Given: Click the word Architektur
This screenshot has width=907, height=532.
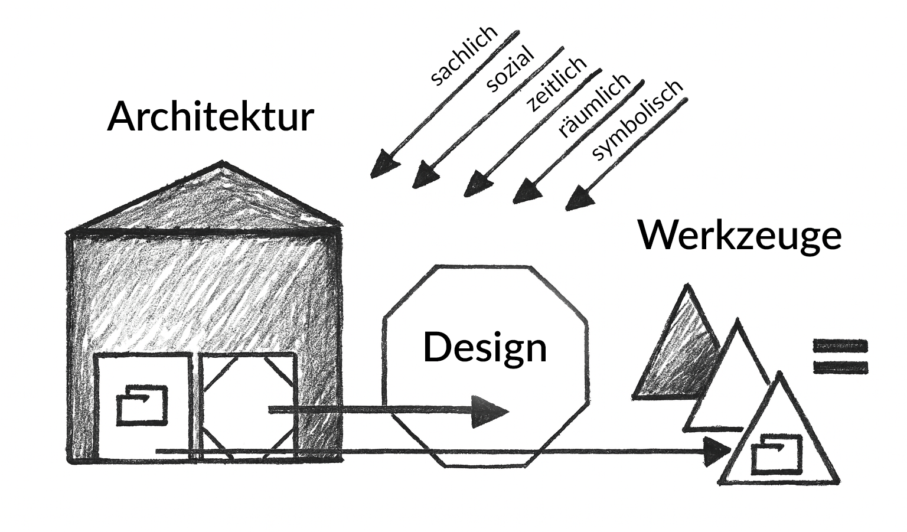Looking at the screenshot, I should tap(210, 117).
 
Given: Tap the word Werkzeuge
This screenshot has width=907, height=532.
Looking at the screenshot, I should tap(739, 236).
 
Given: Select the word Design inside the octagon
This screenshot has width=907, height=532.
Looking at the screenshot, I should tap(485, 348).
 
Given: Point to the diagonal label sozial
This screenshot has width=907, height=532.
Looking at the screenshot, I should tap(510, 70).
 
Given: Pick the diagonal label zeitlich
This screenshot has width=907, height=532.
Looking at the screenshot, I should tap(557, 84).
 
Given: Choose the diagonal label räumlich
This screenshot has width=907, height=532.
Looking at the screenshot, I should tap(594, 106).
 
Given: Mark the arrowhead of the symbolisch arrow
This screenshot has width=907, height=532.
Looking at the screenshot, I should tap(578, 198).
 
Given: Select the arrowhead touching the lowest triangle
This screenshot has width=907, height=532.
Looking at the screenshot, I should tap(719, 452).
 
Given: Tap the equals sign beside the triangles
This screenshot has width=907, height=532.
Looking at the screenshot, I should tap(840, 356).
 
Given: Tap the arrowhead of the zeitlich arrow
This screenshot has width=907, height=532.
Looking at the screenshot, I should tap(477, 184).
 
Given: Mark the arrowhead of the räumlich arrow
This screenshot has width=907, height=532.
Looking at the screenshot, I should tap(526, 192).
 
